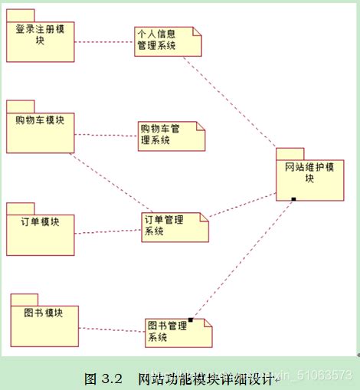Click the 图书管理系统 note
pos(178,333)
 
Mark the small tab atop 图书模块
pos(25,299)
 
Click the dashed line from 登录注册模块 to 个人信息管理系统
pos(104,42)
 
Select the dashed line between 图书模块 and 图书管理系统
pos(112,330)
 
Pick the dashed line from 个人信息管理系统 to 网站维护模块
pos(237,100)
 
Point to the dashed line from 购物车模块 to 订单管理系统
pos(107,184)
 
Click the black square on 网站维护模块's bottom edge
pos(293,199)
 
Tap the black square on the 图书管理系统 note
pos(191,320)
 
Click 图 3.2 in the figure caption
pos(103,379)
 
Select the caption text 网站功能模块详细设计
pos(203,379)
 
